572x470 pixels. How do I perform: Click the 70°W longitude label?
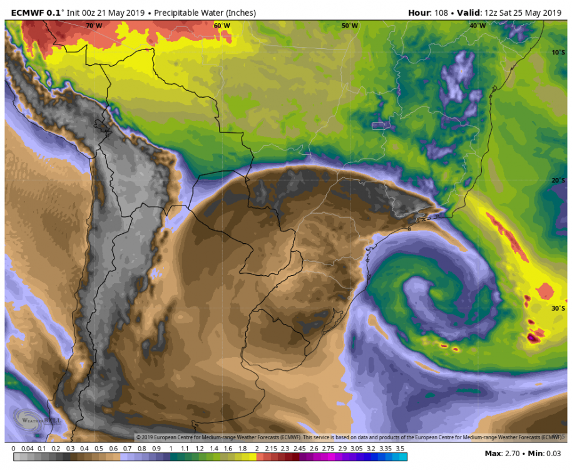tap(94, 26)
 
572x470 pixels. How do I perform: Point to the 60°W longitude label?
tap(222, 26)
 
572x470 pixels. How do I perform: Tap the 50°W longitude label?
tap(350, 26)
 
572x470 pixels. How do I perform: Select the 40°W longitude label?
tap(478, 26)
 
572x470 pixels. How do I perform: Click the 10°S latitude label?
tap(558, 52)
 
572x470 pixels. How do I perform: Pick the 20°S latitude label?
tap(558, 180)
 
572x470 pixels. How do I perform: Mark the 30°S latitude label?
tap(558, 308)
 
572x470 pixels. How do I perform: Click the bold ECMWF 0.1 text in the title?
tap(35, 13)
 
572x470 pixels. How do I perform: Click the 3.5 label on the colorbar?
tap(401, 449)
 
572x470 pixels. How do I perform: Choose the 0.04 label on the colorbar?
tap(28, 449)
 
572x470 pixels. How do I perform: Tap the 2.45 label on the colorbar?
tap(299, 449)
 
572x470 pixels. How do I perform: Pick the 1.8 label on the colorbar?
tap(242, 449)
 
